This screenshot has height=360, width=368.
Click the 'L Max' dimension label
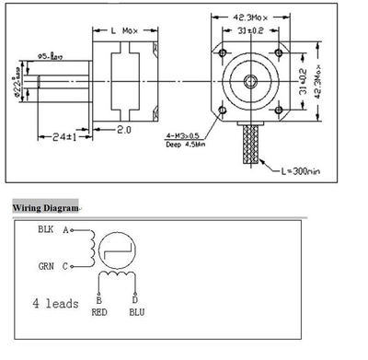tap(125, 31)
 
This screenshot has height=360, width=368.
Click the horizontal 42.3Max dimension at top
tap(248, 16)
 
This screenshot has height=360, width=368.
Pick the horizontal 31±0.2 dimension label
tap(248, 30)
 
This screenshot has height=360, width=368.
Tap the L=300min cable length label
tap(305, 170)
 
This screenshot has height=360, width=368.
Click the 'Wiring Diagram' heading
tap(45, 207)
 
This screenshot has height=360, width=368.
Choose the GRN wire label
tap(46, 267)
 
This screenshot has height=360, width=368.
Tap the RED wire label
tap(100, 311)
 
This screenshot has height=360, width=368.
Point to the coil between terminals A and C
tap(90, 248)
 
